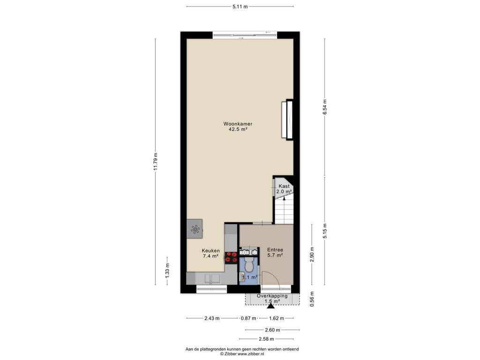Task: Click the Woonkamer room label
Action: (238, 124)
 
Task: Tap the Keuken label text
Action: (210, 251)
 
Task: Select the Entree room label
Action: (275, 250)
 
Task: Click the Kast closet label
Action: (284, 186)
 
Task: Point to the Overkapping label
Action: (272, 296)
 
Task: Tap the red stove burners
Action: (231, 257)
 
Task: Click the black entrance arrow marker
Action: (270, 306)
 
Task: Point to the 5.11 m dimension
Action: (240, 7)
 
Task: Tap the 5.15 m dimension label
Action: (324, 231)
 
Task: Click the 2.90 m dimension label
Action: (312, 255)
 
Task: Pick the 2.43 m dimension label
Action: (212, 318)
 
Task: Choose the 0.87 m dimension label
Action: (248, 318)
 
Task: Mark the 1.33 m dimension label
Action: (167, 270)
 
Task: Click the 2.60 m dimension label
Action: (272, 330)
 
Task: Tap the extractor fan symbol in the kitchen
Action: (195, 229)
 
